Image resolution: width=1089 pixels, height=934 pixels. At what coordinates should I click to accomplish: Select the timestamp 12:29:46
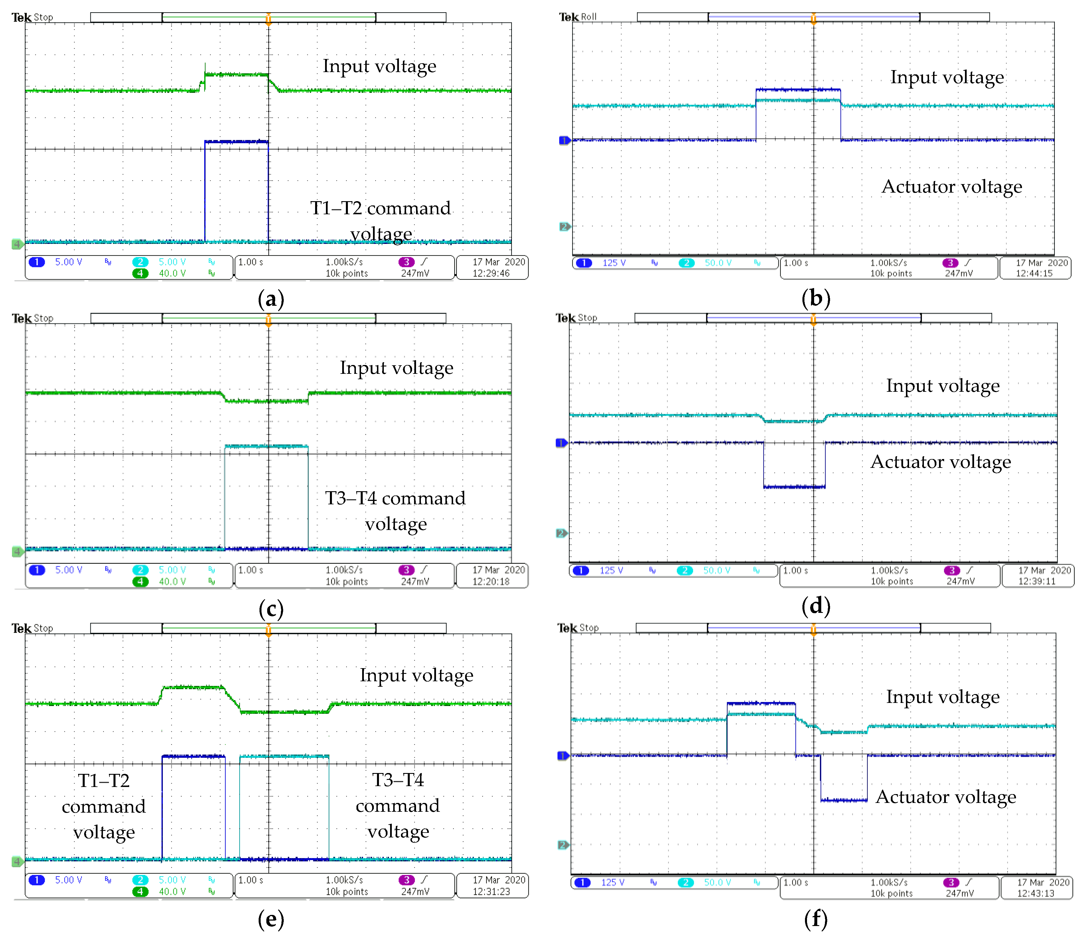491,273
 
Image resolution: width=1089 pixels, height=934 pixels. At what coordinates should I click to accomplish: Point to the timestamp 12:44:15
1034,273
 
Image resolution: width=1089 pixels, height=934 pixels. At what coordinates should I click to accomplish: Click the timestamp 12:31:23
491,892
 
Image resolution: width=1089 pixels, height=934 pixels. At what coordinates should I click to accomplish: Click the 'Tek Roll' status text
578,17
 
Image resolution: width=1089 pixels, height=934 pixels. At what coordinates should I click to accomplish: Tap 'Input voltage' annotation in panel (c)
396,368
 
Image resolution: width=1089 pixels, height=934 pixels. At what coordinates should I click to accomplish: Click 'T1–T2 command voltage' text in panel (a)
380,221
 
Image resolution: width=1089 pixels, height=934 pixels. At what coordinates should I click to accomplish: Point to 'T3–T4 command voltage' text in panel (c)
395,511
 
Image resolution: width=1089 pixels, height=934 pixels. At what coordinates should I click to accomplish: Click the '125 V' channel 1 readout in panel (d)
611,570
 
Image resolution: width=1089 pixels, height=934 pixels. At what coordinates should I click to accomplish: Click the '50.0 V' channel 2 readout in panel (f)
717,882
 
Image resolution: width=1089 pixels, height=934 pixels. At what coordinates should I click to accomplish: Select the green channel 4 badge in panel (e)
140,892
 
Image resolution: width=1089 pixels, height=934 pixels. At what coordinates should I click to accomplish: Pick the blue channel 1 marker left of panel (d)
561,443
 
